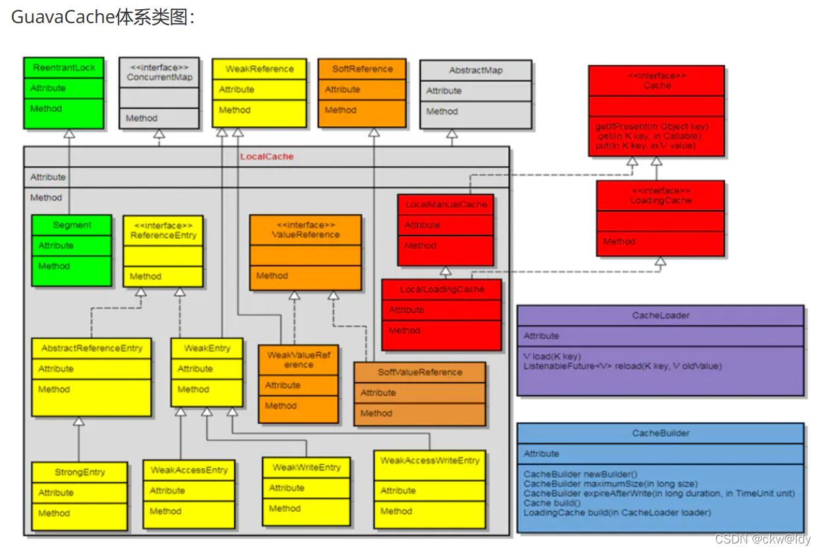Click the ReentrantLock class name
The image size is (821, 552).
click(x=64, y=68)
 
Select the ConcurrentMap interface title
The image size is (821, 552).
click(x=159, y=77)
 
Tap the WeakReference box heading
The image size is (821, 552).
click(x=259, y=69)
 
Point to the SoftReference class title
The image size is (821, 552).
click(x=362, y=69)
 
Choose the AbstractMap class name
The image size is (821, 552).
click(x=475, y=70)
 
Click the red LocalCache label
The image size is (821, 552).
click(x=267, y=157)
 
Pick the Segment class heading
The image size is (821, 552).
click(x=72, y=225)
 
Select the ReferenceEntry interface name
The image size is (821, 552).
click(x=163, y=235)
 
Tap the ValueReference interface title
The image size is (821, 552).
click(x=305, y=234)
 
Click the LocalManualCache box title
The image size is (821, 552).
click(x=446, y=205)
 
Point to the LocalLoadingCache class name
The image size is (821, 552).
click(x=442, y=289)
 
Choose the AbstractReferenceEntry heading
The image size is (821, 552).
click(x=92, y=348)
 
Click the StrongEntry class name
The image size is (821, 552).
click(x=80, y=472)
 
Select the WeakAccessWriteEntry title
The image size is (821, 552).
click(x=430, y=461)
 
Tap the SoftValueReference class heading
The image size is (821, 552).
click(x=419, y=372)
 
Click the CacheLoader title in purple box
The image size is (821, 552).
click(x=660, y=315)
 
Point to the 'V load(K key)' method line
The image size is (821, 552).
click(x=552, y=357)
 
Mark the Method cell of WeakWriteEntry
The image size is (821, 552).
click(x=285, y=509)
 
